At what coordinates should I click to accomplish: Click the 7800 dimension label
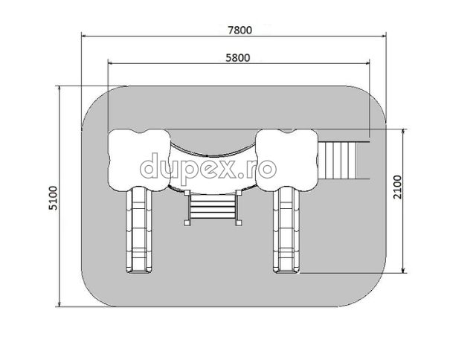pos(239,30)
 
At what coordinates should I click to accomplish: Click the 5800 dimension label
pos(238,58)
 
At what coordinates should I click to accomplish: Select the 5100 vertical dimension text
pos(53,198)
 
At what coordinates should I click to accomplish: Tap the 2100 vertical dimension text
pos(397,187)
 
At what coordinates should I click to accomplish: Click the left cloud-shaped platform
pos(139,160)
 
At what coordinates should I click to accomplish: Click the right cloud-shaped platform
pos(286,160)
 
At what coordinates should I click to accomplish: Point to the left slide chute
pos(139,231)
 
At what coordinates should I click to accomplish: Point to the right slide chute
pos(286,231)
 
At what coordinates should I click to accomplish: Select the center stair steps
pos(213,207)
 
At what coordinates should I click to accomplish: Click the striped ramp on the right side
pos(337,160)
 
